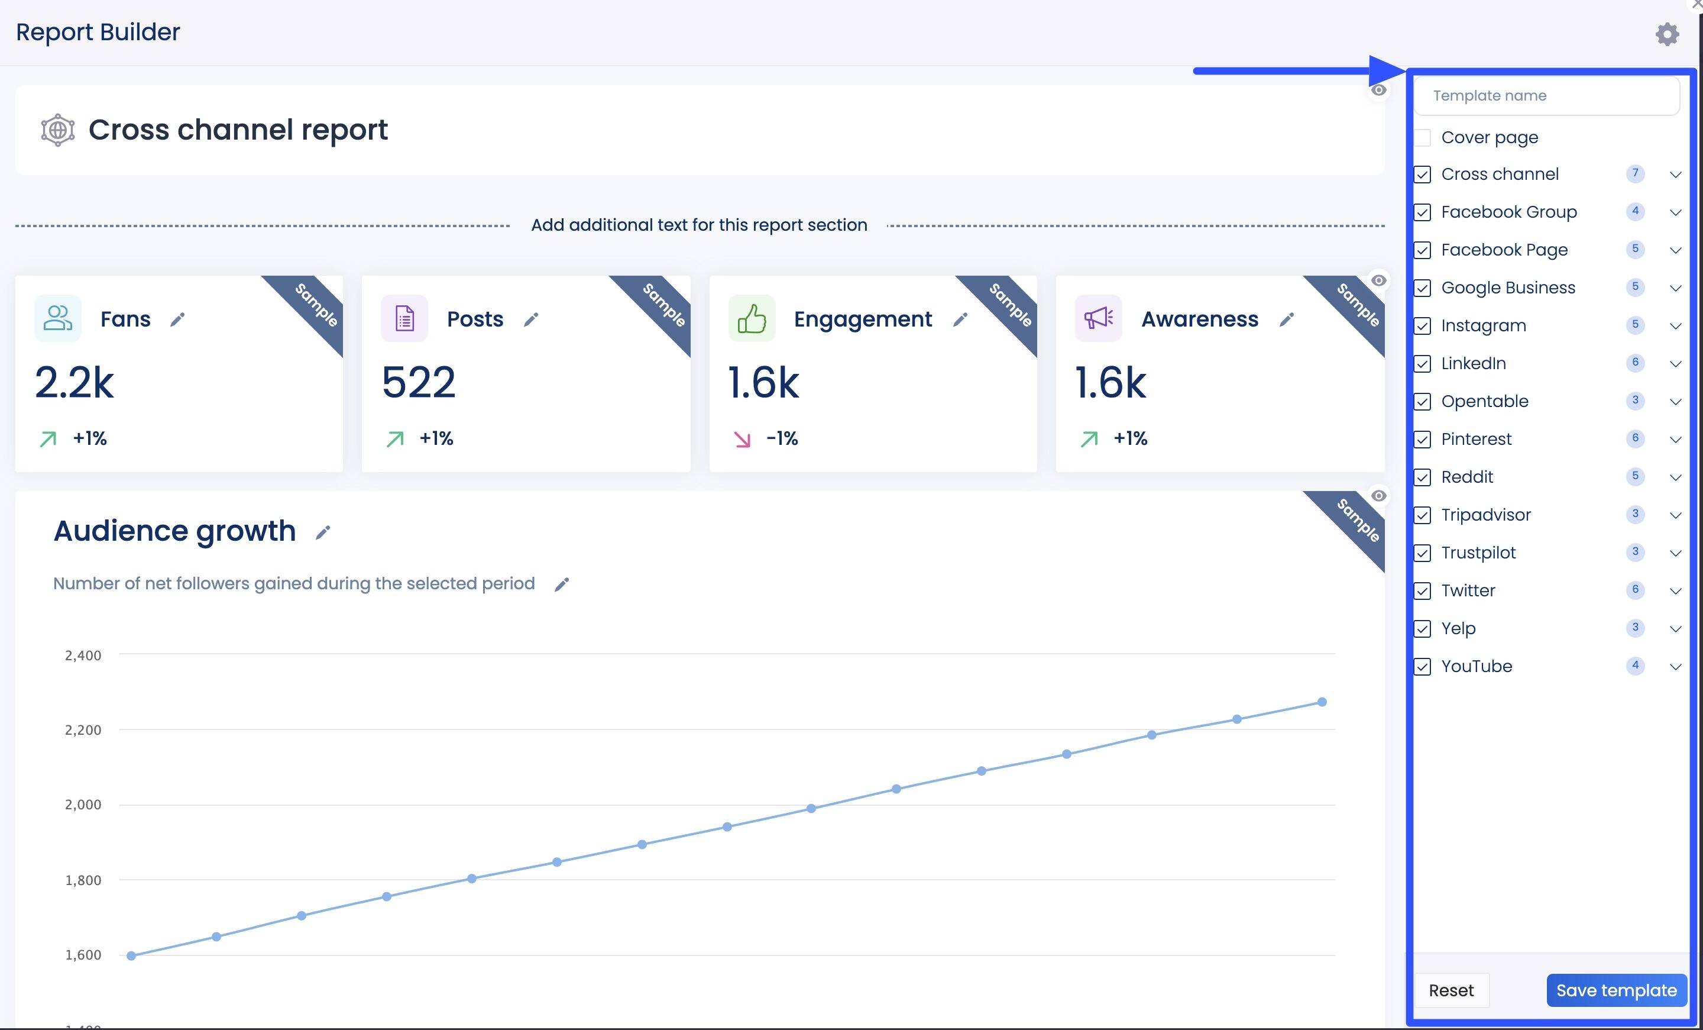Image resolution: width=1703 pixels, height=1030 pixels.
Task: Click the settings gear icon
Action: click(1667, 34)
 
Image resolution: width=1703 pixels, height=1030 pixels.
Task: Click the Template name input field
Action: click(1547, 95)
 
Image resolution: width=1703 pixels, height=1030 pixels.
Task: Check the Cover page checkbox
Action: click(1422, 138)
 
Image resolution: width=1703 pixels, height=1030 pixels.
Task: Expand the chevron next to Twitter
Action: click(1675, 591)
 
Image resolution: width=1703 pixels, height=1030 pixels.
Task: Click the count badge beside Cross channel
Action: click(1635, 173)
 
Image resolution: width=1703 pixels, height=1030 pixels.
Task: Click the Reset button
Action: click(1451, 990)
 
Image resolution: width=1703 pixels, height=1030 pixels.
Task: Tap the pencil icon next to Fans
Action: click(177, 319)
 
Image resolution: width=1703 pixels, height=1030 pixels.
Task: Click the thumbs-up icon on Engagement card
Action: click(752, 319)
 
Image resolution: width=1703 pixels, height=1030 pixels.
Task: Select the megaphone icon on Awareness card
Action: click(1098, 319)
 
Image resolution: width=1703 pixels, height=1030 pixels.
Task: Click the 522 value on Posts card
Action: click(419, 382)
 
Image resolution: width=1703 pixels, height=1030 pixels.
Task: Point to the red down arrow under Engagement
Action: click(742, 439)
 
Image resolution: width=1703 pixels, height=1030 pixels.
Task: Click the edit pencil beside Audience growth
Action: click(323, 532)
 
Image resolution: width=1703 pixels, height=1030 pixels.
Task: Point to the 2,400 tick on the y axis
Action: click(83, 656)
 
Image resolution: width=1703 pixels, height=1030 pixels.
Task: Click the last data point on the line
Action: click(1322, 702)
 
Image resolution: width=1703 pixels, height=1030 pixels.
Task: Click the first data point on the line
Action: click(131, 955)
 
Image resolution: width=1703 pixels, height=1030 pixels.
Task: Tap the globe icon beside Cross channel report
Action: click(58, 130)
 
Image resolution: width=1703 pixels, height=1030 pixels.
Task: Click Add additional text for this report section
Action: click(699, 225)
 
